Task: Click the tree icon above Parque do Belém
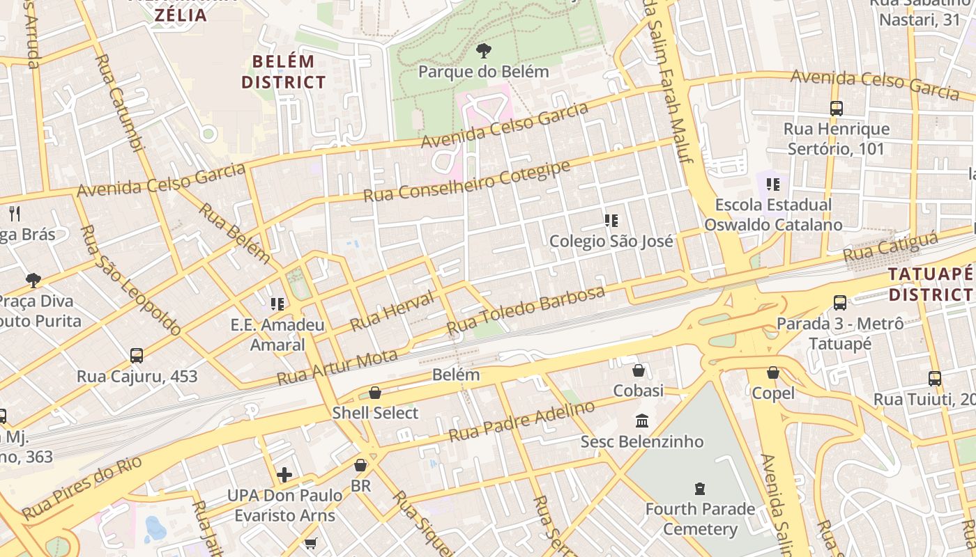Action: tap(483, 51)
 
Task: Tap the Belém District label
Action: tap(284, 72)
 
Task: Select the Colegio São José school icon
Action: tap(611, 221)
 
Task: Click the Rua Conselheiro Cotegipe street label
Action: tap(466, 181)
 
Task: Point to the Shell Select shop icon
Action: tap(375, 393)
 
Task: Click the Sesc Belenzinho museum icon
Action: tap(642, 421)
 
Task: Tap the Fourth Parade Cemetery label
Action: tap(699, 519)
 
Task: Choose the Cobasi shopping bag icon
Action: tap(638, 370)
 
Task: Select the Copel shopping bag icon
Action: tap(772, 372)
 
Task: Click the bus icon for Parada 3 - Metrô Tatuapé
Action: tap(840, 303)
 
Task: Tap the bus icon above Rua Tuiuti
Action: tap(935, 379)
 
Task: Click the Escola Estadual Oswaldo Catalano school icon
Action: tap(772, 185)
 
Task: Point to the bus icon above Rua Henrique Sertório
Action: tap(837, 109)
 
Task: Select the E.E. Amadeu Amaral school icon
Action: tap(277, 304)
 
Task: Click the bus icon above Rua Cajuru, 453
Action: tap(137, 356)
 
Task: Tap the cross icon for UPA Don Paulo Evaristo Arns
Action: tap(284, 476)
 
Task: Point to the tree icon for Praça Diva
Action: tap(33, 281)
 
